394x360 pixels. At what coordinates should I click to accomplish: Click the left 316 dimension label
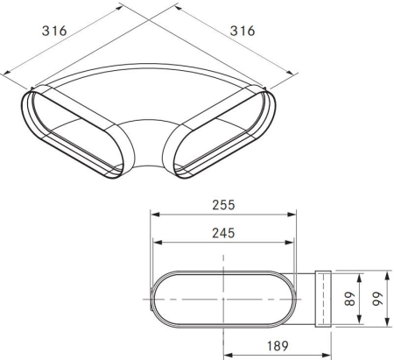coord(55,30)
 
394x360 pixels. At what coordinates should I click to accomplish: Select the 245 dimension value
coord(224,233)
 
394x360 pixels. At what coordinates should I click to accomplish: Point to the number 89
coord(349,298)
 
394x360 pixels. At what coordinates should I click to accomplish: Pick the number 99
coord(378,298)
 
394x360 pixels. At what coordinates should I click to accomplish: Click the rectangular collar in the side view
coord(321,298)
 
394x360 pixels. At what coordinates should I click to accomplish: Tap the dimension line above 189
coord(278,354)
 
